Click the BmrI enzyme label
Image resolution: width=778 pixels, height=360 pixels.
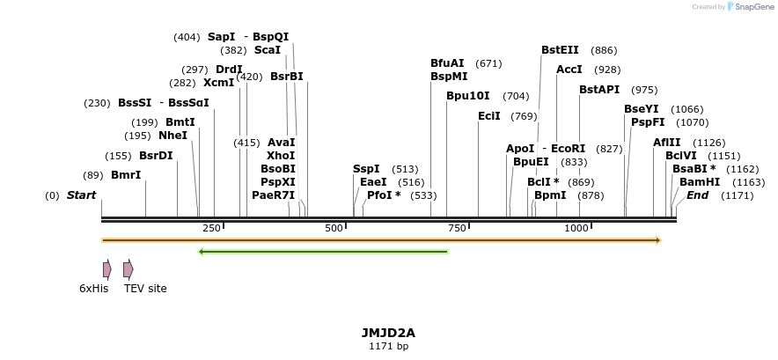click(126, 175)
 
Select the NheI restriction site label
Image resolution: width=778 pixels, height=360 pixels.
click(172, 136)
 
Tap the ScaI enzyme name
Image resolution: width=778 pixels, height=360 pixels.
click(268, 50)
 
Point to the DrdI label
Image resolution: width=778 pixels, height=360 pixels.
click(229, 70)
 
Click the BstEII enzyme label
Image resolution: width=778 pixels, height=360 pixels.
click(560, 50)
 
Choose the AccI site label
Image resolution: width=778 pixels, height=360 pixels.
click(569, 70)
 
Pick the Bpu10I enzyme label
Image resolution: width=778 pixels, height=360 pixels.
click(468, 96)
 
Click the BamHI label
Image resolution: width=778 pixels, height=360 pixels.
click(700, 181)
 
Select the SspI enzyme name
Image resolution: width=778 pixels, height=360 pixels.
click(366, 169)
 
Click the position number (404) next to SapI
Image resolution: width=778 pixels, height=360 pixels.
click(187, 37)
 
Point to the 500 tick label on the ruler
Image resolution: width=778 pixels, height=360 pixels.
click(334, 228)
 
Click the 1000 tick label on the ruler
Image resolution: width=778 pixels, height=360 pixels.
click(576, 228)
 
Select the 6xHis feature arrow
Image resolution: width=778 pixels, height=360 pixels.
click(107, 269)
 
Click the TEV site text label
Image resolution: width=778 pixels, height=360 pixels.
click(145, 289)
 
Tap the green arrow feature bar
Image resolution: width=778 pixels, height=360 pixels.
click(324, 252)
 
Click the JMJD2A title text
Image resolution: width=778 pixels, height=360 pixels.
click(388, 333)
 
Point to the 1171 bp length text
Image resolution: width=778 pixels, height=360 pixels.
click(388, 346)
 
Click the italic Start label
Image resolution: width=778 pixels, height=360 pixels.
click(82, 195)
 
